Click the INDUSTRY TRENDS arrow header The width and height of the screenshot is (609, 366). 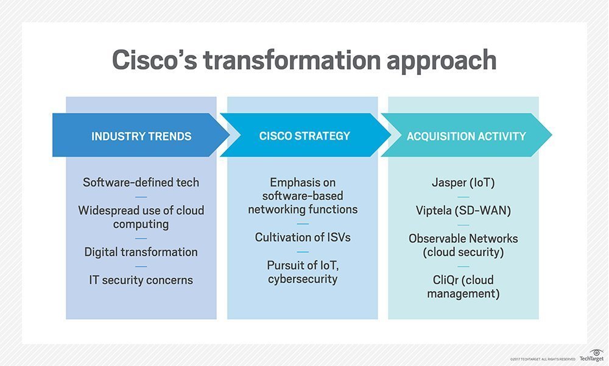point(141,135)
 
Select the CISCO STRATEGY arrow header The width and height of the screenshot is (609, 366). point(304,135)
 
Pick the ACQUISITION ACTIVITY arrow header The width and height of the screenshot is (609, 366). point(466,135)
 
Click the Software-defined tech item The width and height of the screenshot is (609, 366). point(141,182)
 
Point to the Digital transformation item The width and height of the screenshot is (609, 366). point(141,252)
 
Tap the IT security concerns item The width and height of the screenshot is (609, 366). point(141,280)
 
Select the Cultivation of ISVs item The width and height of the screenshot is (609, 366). point(303,237)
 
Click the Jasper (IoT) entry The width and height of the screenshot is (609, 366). point(463,182)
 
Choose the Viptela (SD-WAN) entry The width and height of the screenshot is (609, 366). point(463,210)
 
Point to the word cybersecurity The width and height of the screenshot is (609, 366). point(303,279)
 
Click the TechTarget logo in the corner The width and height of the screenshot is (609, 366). point(591,356)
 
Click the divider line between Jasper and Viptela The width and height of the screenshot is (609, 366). point(463,196)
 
